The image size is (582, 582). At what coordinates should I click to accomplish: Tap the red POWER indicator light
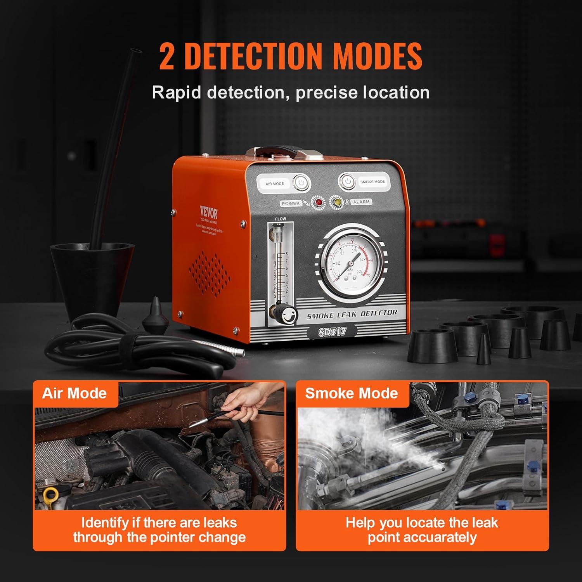[x=319, y=202]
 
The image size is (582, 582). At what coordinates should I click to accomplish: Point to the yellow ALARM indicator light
[x=336, y=202]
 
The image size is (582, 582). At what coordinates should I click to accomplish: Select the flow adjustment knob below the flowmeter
[x=288, y=313]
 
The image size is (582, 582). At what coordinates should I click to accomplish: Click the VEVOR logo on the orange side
[x=209, y=212]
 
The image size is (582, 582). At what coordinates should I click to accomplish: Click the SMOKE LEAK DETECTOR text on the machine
[x=352, y=314]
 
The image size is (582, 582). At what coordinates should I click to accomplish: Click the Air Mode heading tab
[x=74, y=393]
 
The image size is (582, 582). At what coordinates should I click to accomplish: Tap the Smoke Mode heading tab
[x=352, y=393]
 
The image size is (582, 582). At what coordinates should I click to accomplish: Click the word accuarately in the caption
[x=422, y=538]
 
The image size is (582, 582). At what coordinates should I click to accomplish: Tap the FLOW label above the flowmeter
[x=280, y=219]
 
